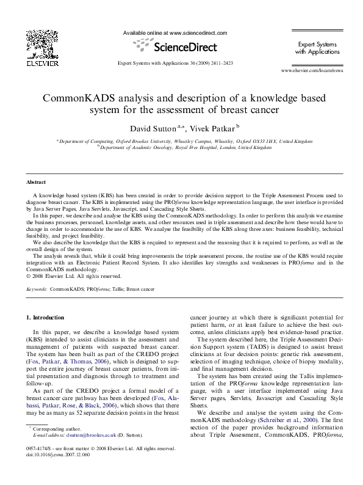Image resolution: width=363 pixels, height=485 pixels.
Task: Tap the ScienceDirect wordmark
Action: pyautogui.click(x=183, y=46)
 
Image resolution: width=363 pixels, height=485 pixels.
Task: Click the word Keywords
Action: pyautogui.click(x=36, y=287)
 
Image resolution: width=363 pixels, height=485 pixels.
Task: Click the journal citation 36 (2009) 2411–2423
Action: pyautogui.click(x=207, y=63)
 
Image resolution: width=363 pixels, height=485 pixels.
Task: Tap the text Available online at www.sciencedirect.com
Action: pyautogui.click(x=175, y=32)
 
